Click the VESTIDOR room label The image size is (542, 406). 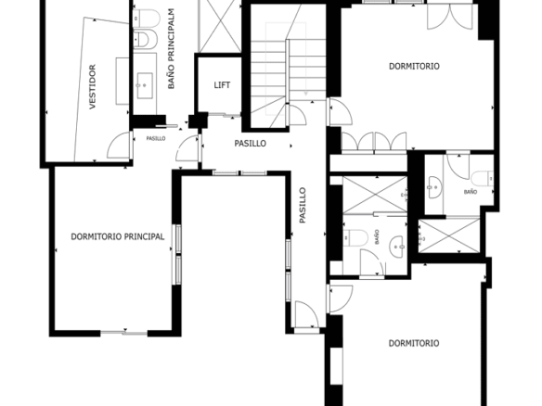92,87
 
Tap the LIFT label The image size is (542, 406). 222,85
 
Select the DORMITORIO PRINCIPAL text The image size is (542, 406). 118,237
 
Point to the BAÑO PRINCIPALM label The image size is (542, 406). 171,49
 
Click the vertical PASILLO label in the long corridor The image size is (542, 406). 303,205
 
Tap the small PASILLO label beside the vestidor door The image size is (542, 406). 156,138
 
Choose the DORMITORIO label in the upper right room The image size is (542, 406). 414,67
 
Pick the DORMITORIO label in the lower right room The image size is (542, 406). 414,343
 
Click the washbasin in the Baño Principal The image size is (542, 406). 145,85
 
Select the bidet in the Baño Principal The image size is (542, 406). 145,39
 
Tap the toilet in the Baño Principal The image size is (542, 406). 147,19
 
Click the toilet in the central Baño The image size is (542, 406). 355,238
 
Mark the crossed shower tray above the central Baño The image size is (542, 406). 375,195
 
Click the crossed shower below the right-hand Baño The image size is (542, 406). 449,236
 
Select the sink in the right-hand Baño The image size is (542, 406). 435,187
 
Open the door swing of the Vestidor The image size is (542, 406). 119,145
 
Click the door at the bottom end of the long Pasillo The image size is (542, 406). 307,314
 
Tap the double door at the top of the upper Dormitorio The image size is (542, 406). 450,17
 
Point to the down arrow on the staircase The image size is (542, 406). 305,94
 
